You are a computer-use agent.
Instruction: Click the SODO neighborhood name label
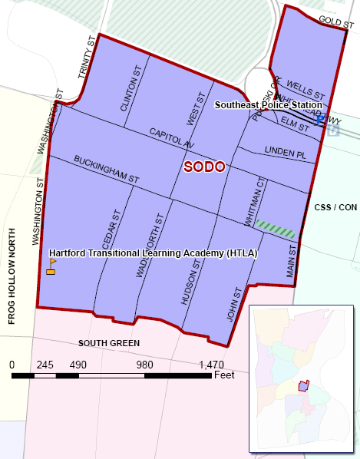pos(205,167)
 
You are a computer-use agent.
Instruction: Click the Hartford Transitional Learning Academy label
pos(154,253)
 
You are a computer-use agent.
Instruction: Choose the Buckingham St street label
pos(106,169)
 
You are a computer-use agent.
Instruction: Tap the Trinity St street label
pos(87,56)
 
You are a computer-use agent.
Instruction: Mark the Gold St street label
pos(334,21)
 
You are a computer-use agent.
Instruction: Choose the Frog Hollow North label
pos(12,276)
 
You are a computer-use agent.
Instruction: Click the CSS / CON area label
pos(336,207)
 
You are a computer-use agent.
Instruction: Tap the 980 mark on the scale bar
pos(144,365)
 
